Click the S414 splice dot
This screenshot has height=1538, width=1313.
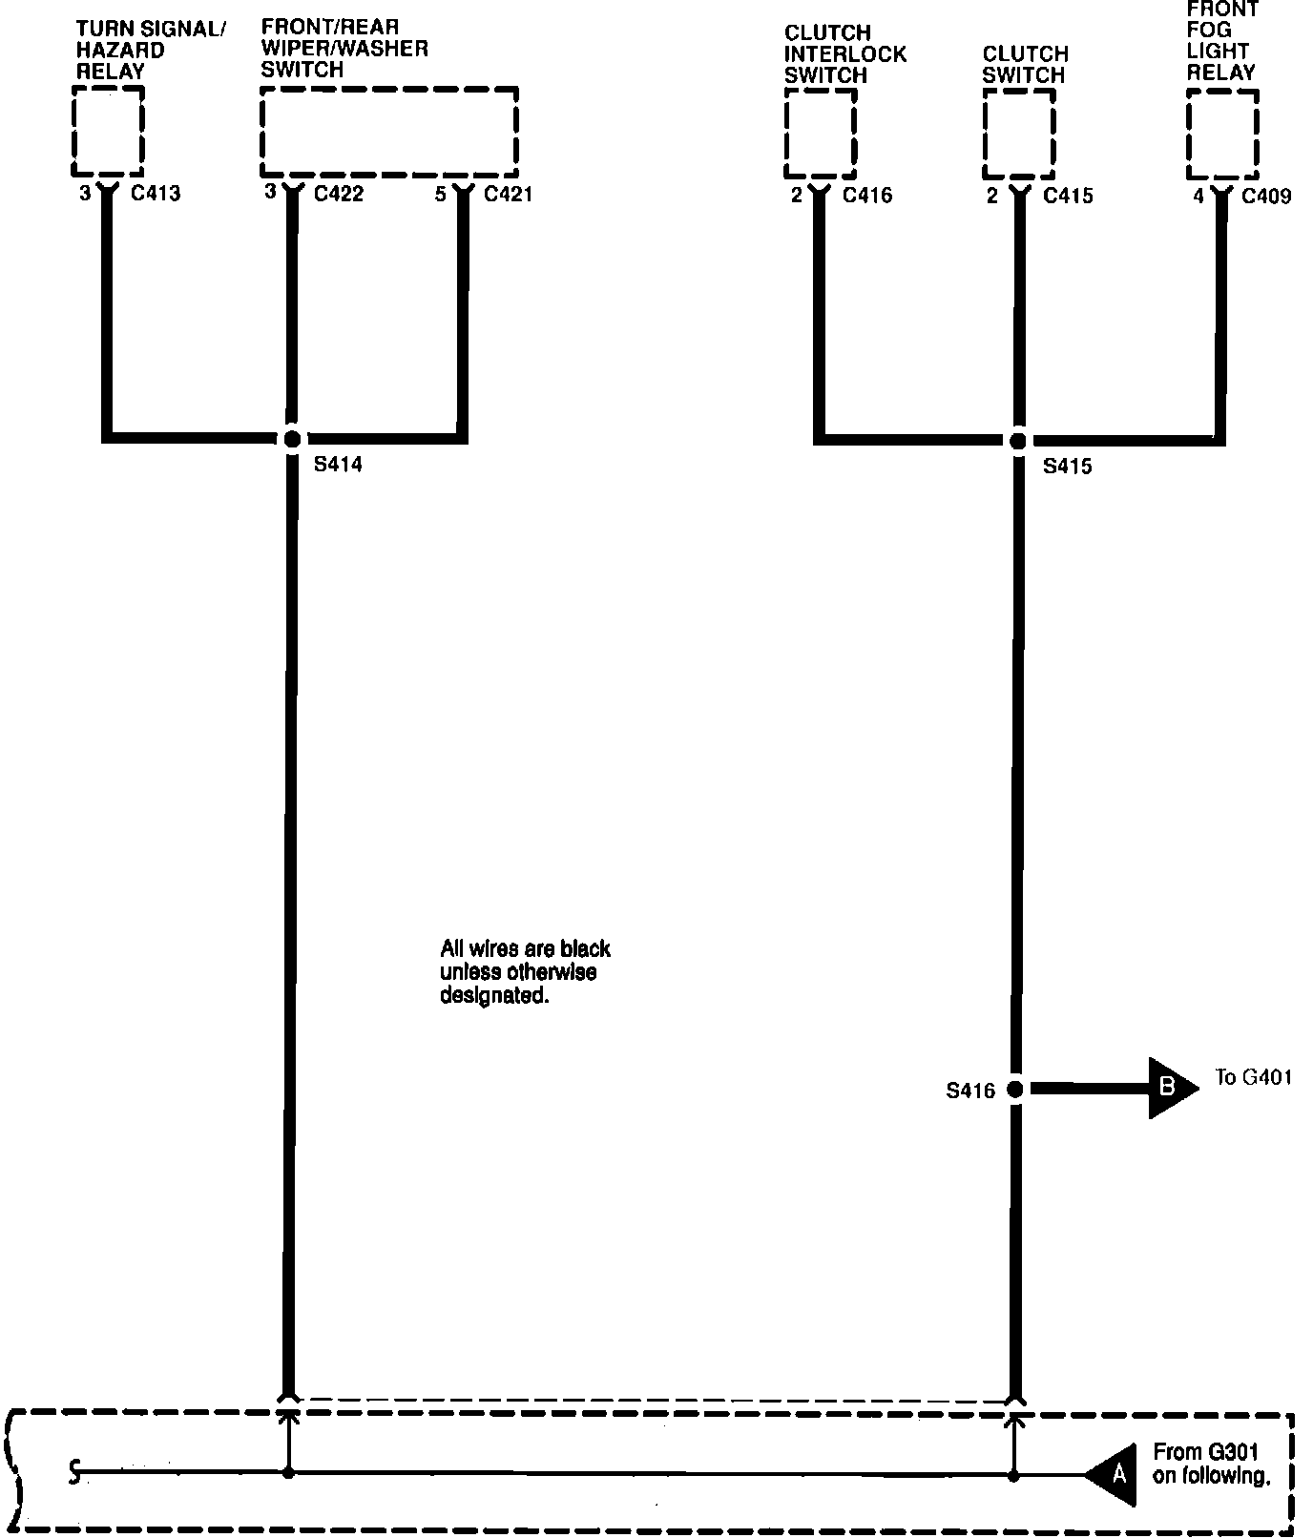293,439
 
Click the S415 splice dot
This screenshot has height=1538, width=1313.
1018,441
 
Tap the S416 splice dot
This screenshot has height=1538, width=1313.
1015,1089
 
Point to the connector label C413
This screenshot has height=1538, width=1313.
156,195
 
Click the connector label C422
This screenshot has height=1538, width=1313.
339,195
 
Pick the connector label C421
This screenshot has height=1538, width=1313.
509,195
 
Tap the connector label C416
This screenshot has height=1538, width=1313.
867,196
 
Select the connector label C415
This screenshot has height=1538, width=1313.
1068,197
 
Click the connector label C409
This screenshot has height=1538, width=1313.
1266,197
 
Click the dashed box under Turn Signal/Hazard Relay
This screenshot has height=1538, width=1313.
108,132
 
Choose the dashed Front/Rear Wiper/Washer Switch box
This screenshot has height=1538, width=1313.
389,132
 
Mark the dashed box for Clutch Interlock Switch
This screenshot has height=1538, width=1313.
820,134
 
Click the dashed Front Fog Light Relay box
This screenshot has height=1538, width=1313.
1222,135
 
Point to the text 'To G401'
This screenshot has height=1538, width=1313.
1254,1078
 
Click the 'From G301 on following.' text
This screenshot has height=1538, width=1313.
1211,1465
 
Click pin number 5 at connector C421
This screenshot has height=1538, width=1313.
440,194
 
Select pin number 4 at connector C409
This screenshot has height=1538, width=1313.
1198,196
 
